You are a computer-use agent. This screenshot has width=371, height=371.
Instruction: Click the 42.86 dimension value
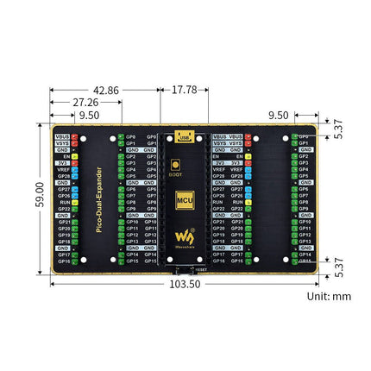(x=106, y=89)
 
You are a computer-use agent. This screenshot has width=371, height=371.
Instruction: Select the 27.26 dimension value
(x=87, y=102)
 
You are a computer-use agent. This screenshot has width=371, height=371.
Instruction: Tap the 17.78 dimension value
(x=184, y=89)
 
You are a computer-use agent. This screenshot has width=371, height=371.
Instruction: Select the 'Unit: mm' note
(x=329, y=296)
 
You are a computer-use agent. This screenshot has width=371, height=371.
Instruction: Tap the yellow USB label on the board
(x=183, y=136)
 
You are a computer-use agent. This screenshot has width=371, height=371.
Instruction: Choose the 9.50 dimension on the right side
(x=303, y=114)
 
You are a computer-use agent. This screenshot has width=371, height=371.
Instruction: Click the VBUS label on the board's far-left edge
(x=63, y=137)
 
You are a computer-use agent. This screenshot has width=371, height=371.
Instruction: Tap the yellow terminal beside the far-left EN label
(x=76, y=156)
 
